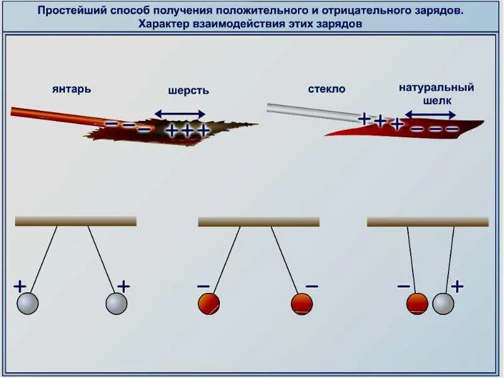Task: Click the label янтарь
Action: pos(71,89)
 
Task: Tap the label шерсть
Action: pos(188,90)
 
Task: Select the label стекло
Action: pos(326,89)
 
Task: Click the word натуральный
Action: pos(436,88)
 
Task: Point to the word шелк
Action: pos(436,100)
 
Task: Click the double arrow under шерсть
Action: pos(180,114)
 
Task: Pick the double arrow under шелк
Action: pos(430,115)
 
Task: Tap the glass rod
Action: pos(309,110)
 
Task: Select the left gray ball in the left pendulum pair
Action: pos(28,304)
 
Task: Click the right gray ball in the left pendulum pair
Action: pos(117,304)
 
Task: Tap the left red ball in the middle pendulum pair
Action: pos(209,304)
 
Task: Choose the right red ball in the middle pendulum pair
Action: pos(302,304)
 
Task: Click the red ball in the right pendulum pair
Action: pos(417,304)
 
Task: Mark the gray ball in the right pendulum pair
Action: pos(443,304)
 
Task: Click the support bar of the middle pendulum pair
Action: pos(258,222)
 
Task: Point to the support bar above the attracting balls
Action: pos(427,222)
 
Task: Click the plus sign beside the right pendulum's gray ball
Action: pos(457,287)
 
